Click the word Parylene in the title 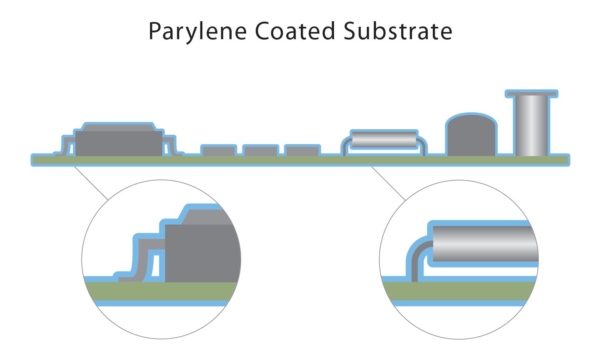pos(197,31)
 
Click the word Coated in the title pos(295,31)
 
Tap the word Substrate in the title pos(398,31)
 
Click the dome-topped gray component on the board pos(472,136)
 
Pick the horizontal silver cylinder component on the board pos(384,139)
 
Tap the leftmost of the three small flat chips pos(218,151)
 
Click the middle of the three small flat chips pos(260,151)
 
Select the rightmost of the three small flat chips pos(302,151)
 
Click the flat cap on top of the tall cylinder pos(532,94)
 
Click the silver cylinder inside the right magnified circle pos(484,244)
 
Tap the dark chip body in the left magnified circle pos(200,252)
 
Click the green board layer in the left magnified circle pos(160,291)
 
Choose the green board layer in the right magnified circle pos(460,291)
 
